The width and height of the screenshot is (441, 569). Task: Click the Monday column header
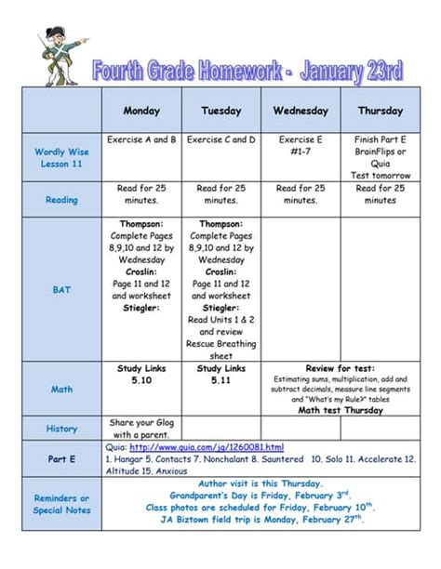pyautogui.click(x=141, y=111)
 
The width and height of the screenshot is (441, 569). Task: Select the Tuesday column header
pyautogui.click(x=221, y=111)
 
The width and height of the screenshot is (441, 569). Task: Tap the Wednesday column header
pyautogui.click(x=301, y=111)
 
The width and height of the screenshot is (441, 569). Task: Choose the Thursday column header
pyautogui.click(x=380, y=111)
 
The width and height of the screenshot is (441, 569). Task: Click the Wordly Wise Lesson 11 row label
pyautogui.click(x=61, y=157)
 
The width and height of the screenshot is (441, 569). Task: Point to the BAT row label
pyautogui.click(x=61, y=290)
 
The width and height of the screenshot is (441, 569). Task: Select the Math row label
pyautogui.click(x=61, y=389)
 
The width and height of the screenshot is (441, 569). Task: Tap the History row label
pyautogui.click(x=61, y=429)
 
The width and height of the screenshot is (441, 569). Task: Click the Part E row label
pyautogui.click(x=61, y=459)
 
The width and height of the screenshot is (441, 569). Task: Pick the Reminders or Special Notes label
pyautogui.click(x=61, y=504)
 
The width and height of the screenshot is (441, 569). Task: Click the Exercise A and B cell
pyautogui.click(x=141, y=140)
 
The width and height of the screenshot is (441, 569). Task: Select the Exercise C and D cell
pyautogui.click(x=221, y=140)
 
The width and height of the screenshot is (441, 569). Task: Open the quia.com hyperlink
pyautogui.click(x=207, y=447)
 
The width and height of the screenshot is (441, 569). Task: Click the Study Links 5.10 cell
pyautogui.click(x=141, y=375)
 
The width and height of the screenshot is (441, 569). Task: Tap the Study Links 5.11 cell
pyautogui.click(x=221, y=375)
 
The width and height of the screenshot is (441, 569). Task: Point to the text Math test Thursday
pyautogui.click(x=341, y=410)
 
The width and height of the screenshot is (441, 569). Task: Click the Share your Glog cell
pyautogui.click(x=141, y=428)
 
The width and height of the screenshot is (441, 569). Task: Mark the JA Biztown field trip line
pyautogui.click(x=260, y=520)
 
